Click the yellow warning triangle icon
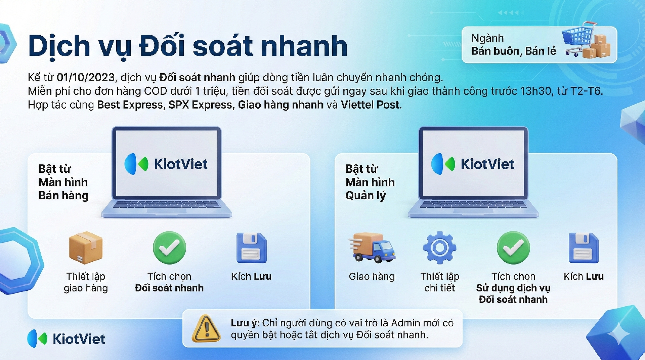[x=206, y=328]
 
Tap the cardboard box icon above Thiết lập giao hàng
[x=86, y=247]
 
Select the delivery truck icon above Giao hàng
[x=372, y=247]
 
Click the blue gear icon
[x=439, y=248]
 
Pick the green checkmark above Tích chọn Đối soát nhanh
[x=169, y=248]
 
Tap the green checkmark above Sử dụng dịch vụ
[x=513, y=248]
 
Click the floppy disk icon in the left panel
[x=252, y=248]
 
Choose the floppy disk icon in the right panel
[x=584, y=248]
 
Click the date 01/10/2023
[x=86, y=77]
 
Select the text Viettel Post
[x=370, y=105]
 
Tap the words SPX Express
[x=200, y=105]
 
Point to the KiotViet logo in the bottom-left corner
[x=66, y=338]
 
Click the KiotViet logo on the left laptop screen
[x=166, y=164]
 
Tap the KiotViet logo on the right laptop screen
[x=473, y=164]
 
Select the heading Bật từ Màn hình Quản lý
[x=370, y=182]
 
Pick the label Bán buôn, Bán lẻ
[x=514, y=51]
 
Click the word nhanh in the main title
[x=304, y=46]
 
